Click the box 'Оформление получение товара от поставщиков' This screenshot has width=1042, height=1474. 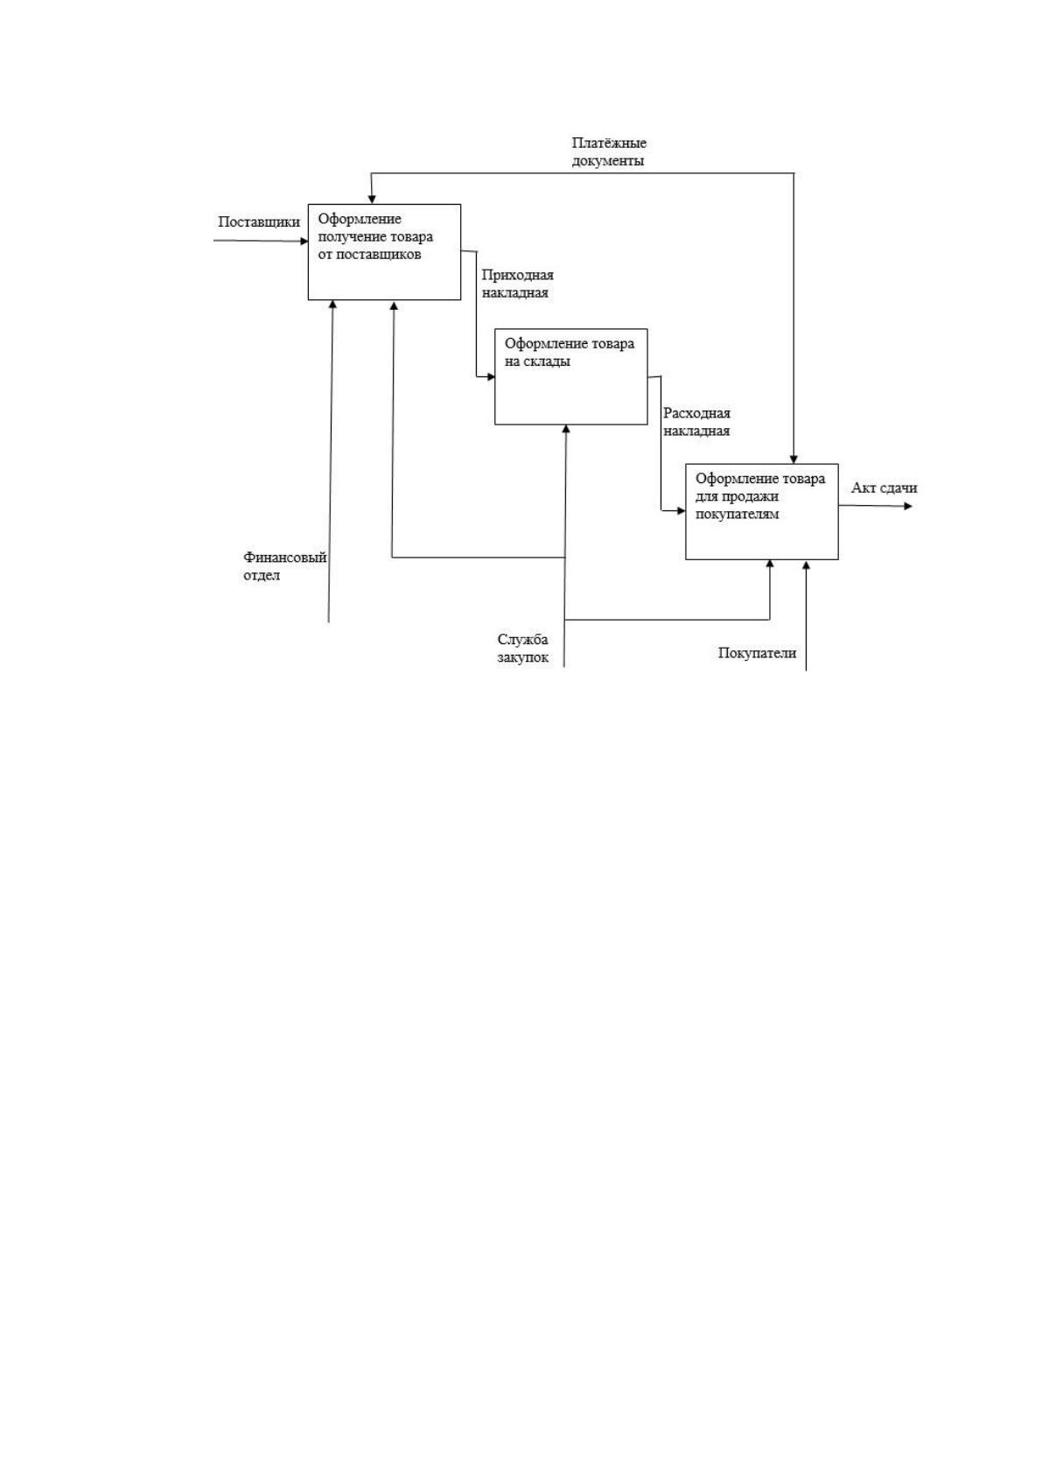tap(384, 252)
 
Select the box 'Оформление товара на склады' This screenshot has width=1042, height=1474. tap(571, 376)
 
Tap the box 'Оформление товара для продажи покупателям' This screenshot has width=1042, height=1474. tap(762, 511)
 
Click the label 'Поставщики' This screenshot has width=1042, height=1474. tap(259, 222)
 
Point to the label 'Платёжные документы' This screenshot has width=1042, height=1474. tap(609, 151)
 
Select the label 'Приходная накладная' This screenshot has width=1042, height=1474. tap(518, 284)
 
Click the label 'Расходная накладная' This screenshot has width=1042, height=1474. tap(696, 422)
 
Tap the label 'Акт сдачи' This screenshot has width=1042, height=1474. tap(885, 488)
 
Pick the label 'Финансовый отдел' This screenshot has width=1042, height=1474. tap(285, 566)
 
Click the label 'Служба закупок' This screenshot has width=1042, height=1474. tap(523, 649)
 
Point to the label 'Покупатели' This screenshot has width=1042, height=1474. tap(757, 653)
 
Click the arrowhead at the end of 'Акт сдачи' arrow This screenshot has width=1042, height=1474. tap(909, 506)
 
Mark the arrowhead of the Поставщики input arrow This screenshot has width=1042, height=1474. tap(304, 241)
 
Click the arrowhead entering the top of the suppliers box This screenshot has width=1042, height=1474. tap(372, 200)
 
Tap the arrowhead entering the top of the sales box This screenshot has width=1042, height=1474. tap(794, 459)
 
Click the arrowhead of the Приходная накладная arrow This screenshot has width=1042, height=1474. tap(490, 377)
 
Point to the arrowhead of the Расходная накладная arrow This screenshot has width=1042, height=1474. tap(681, 510)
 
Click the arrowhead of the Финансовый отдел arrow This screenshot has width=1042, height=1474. tap(332, 305)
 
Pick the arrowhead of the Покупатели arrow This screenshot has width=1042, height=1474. tap(807, 565)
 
